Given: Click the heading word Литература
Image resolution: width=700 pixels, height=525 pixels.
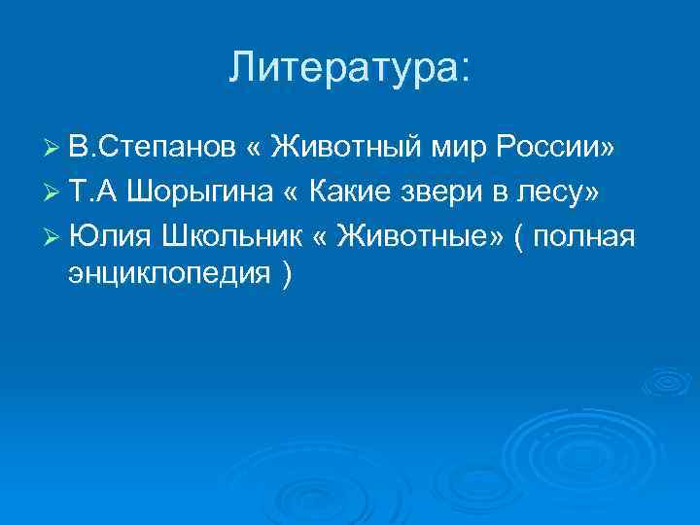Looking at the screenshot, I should tap(341, 67).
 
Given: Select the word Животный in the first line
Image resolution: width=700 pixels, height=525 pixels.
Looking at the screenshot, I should tap(344, 148).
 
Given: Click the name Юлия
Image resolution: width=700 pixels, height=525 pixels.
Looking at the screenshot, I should tap(105, 237).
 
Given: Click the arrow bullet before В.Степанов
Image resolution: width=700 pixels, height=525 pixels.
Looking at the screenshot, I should tap(53, 149).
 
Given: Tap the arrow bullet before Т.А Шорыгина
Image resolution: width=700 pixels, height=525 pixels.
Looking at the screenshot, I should tap(53, 193).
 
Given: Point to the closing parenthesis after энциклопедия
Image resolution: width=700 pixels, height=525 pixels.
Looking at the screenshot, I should tap(284, 276).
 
